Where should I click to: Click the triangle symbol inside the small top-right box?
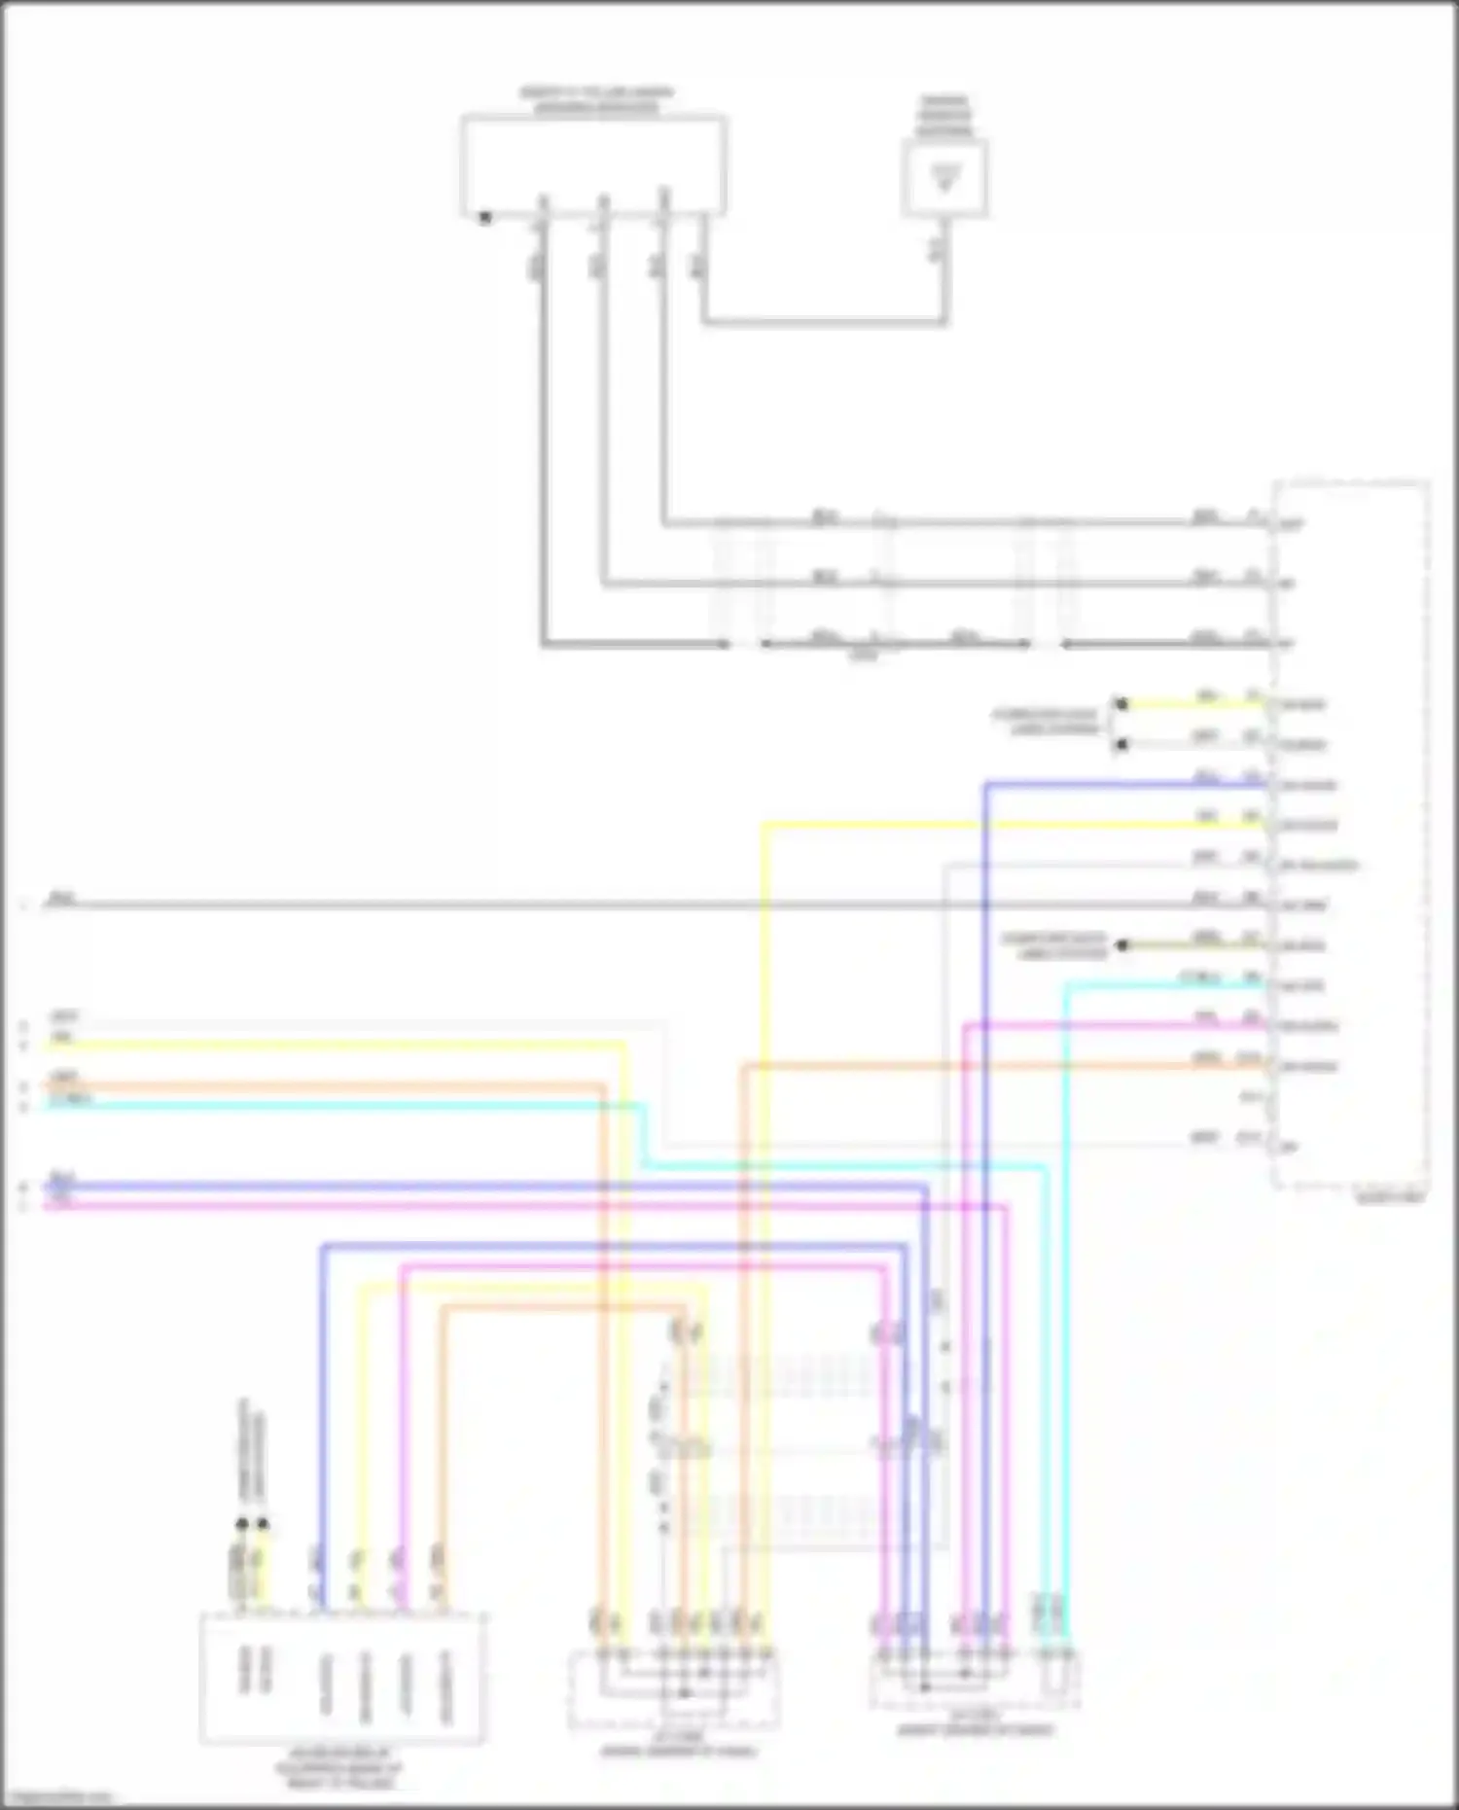(944, 178)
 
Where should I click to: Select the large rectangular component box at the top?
(593, 165)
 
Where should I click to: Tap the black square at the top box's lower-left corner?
(485, 218)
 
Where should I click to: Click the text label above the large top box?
(595, 100)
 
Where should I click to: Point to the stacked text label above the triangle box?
(944, 115)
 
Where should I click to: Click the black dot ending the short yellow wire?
(1121, 704)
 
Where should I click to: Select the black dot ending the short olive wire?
(1121, 945)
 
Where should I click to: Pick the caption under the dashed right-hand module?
(1389, 1199)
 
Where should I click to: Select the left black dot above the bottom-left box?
(241, 1525)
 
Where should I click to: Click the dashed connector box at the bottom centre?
(673, 1692)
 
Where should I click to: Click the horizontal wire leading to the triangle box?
(822, 321)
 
